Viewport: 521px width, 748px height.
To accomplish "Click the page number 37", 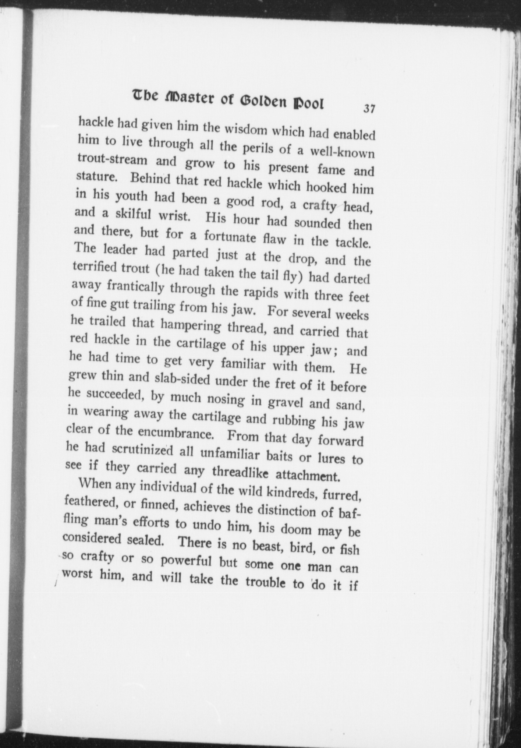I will pos(368,109).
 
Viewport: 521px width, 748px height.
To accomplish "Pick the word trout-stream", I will pos(112,160).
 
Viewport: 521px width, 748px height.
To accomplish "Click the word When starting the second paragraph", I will pos(95,483).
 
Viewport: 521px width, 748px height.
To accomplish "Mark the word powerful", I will pos(186,561).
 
